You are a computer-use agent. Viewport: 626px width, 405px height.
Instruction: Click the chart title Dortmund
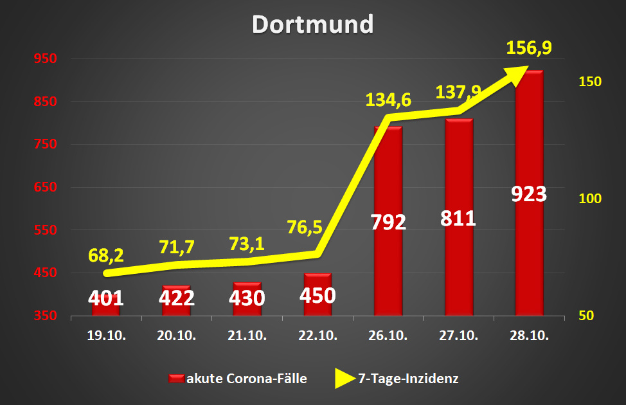point(312,24)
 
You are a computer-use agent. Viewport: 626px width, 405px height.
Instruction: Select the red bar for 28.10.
point(529,257)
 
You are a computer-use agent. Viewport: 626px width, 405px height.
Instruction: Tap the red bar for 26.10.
point(388,270)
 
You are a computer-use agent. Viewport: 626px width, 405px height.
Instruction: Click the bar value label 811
point(458,218)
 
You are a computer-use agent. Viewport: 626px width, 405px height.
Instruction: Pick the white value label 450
point(317,296)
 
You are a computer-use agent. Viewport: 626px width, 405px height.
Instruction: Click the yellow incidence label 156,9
point(529,48)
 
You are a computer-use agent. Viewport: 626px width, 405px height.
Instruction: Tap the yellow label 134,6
point(388,100)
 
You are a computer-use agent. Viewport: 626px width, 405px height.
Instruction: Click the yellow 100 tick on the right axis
point(589,198)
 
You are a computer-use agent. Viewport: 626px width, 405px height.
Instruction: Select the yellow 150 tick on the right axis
point(589,82)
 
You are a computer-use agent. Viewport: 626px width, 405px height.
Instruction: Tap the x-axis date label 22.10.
point(317,335)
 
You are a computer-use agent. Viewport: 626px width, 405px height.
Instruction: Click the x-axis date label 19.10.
point(106,335)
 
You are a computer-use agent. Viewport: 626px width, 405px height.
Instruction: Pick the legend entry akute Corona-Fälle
point(238,379)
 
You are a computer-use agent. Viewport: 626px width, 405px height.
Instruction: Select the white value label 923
point(529,194)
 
